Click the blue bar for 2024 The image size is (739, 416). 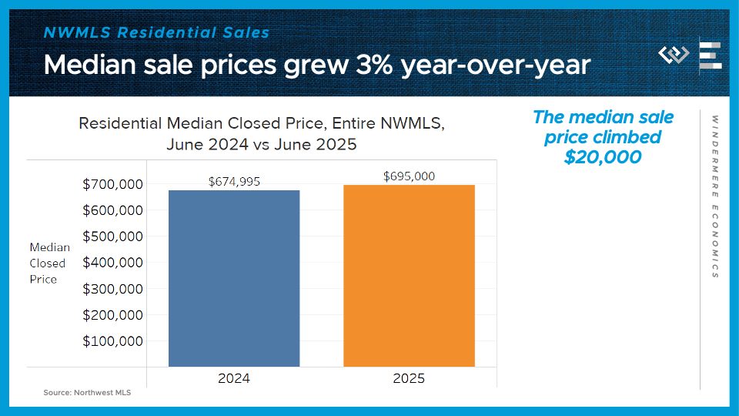point(234,277)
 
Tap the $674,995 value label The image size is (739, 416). point(235,182)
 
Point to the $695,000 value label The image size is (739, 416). point(409,176)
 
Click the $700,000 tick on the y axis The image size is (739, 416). point(112,184)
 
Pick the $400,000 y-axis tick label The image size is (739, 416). point(112,263)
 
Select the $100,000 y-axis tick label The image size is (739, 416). point(112,341)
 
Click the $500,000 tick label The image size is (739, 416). point(112,237)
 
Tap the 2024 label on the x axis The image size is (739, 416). point(234,378)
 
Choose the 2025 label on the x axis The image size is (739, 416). point(409,378)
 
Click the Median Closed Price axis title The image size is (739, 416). point(49,263)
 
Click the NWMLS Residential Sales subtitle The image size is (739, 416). point(156,32)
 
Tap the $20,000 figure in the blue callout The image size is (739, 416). point(603,156)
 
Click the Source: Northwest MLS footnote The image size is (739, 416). point(87,393)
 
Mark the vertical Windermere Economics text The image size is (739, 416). point(714,196)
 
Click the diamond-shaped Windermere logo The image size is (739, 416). point(674,55)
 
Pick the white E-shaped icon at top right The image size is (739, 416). point(710,55)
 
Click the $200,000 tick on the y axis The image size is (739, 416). point(112,315)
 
